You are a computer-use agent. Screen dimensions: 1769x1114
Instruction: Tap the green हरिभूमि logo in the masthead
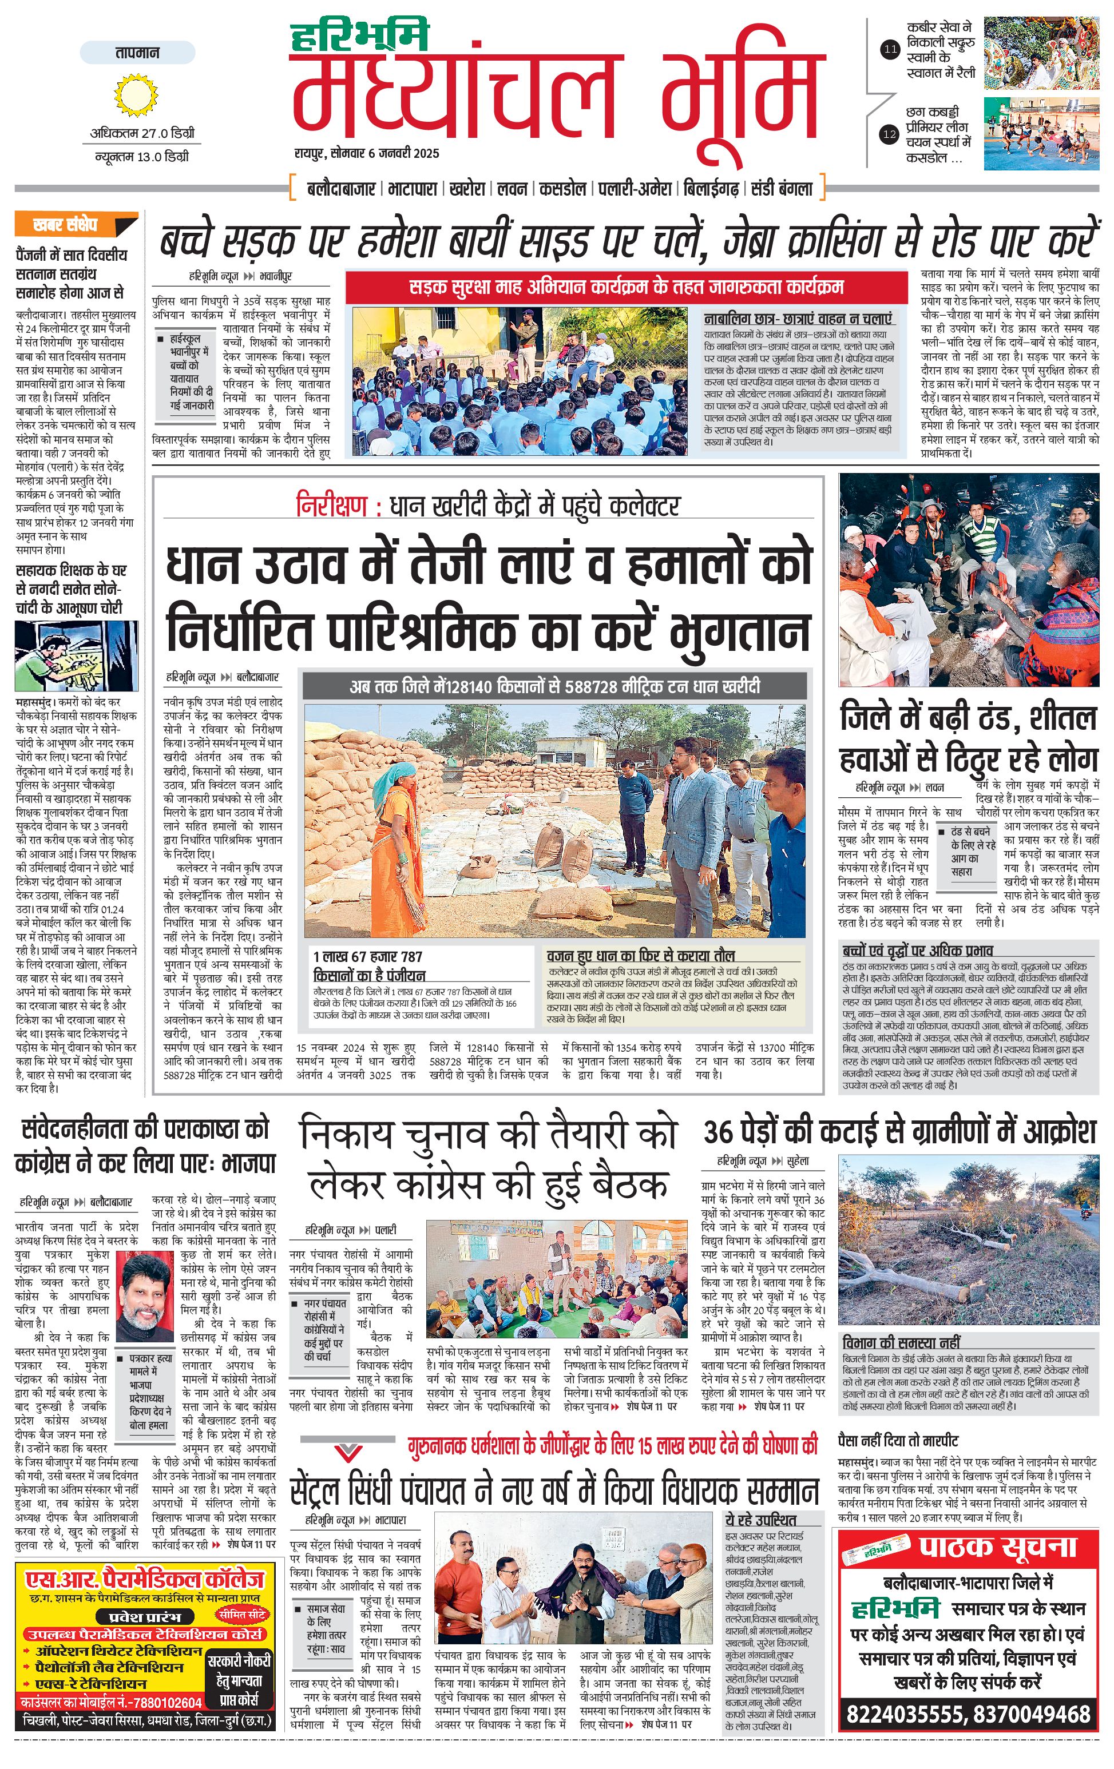(360, 37)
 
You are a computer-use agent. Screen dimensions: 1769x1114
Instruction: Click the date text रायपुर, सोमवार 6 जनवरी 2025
(367, 153)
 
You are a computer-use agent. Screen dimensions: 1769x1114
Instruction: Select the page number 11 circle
(890, 50)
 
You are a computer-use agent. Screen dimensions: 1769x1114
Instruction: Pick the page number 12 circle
(890, 134)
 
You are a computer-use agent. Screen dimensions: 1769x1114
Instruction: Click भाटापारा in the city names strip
(413, 189)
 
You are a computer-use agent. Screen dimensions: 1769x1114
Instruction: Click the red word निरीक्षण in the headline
(331, 506)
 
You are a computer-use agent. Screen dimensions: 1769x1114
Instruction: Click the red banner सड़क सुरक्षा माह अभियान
(626, 287)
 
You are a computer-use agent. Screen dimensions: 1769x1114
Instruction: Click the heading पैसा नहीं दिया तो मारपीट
(908, 1441)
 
